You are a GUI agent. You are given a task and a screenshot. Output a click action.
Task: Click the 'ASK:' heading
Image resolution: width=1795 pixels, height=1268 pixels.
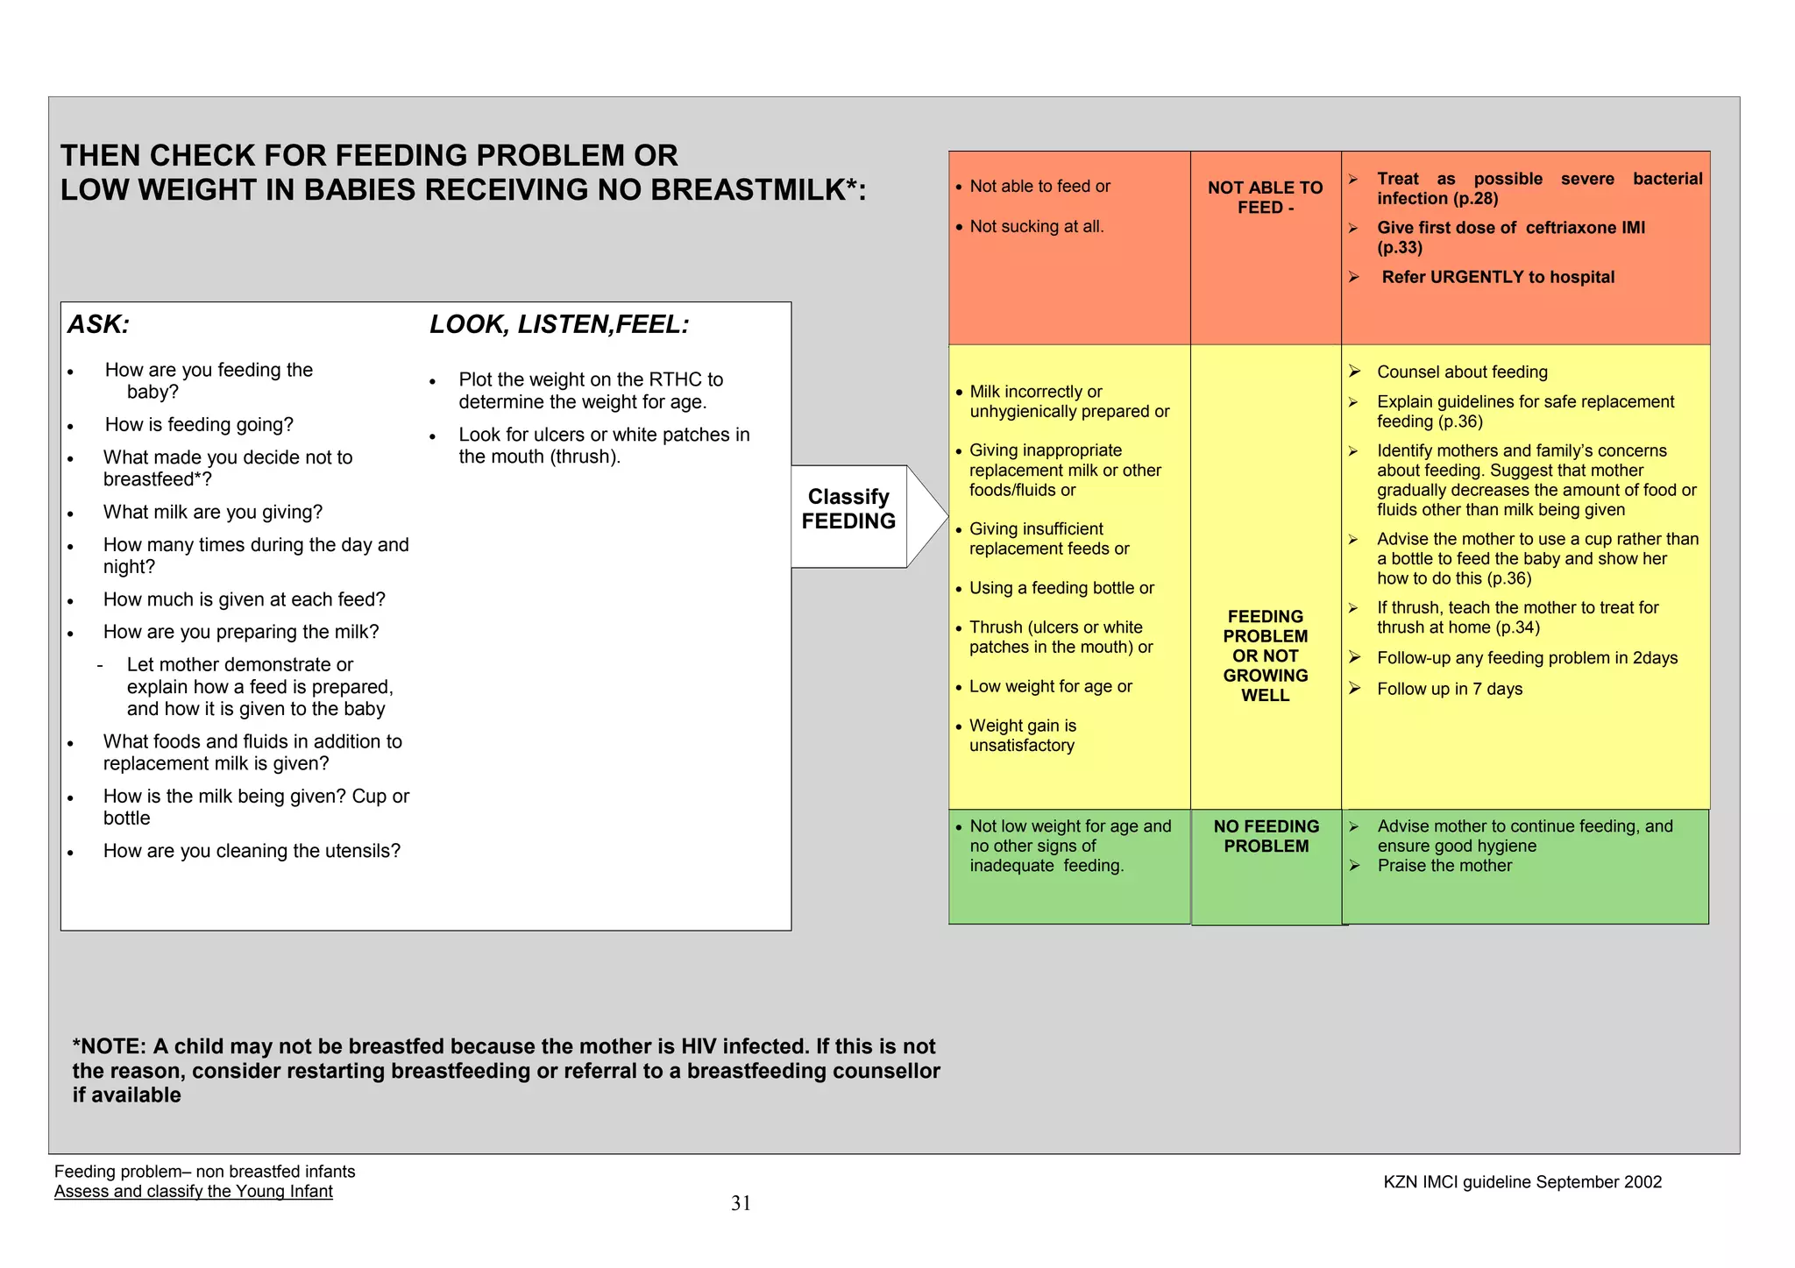pyautogui.click(x=99, y=325)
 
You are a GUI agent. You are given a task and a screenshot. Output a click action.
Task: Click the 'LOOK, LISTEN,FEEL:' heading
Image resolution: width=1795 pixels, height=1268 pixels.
pyautogui.click(x=559, y=325)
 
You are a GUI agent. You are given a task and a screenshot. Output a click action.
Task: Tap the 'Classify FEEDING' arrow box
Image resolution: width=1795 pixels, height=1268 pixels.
pyautogui.click(x=848, y=509)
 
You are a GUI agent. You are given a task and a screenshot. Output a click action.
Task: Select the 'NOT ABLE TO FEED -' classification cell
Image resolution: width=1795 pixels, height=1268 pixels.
pyautogui.click(x=1265, y=198)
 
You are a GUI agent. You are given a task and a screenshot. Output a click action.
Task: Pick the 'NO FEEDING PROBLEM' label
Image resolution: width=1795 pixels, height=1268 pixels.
pyautogui.click(x=1266, y=836)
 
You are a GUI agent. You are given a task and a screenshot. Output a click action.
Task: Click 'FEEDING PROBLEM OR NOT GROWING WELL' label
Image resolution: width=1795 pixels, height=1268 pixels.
pyautogui.click(x=1265, y=655)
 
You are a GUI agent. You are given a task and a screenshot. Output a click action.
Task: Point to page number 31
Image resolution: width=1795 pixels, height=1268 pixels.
pyautogui.click(x=741, y=1203)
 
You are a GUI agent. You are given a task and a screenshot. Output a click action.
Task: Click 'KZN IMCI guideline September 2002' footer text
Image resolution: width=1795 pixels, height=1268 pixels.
pyautogui.click(x=1522, y=1182)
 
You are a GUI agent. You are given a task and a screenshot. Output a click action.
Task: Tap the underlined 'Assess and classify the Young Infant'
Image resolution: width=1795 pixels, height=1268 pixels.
pyautogui.click(x=194, y=1192)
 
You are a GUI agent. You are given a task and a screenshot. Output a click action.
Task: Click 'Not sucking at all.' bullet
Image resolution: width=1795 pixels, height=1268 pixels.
pyautogui.click(x=1036, y=227)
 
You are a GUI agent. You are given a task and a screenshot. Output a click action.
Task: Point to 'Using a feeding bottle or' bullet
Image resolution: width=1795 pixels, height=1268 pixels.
pyautogui.click(x=1061, y=588)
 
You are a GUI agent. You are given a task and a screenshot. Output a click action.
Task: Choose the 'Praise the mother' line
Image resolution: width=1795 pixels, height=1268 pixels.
pyautogui.click(x=1444, y=866)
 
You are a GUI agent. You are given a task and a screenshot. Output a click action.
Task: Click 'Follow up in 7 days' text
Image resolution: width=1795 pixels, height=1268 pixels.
pyautogui.click(x=1450, y=690)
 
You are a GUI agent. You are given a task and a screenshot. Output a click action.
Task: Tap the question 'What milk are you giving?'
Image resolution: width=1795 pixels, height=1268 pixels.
pyautogui.click(x=213, y=513)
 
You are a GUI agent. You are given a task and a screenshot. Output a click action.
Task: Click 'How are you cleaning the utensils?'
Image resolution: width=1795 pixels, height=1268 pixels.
pyautogui.click(x=252, y=851)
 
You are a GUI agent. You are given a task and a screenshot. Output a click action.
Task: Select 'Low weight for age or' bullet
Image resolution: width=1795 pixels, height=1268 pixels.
pyautogui.click(x=1050, y=687)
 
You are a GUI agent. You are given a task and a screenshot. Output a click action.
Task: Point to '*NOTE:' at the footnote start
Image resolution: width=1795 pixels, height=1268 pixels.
pyautogui.click(x=110, y=1047)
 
